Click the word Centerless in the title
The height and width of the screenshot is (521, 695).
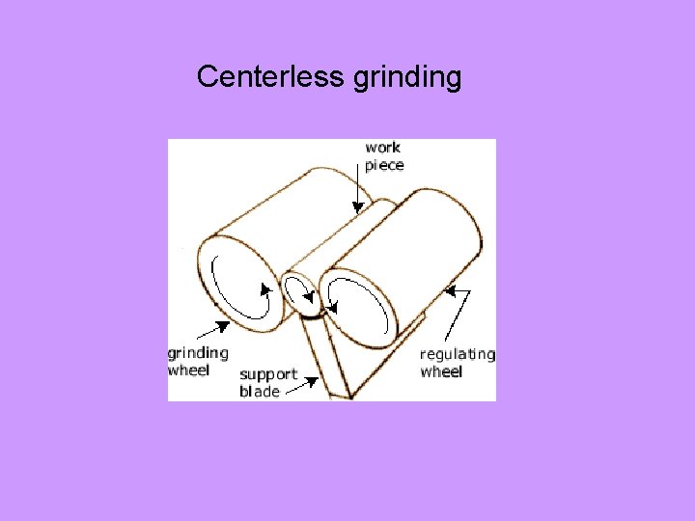[x=272, y=76]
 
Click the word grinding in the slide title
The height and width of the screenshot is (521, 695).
[x=407, y=77]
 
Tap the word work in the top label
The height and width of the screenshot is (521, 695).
[x=383, y=148]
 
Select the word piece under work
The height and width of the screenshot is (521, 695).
[x=384, y=165]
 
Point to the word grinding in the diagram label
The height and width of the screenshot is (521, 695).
[x=198, y=353]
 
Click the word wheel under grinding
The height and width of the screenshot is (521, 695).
[x=189, y=370]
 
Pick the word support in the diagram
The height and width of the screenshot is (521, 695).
[x=268, y=374]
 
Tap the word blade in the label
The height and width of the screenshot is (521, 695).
[x=260, y=392]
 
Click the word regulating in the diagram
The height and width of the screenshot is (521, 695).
[x=458, y=354]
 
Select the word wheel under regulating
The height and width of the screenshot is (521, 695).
[x=441, y=371]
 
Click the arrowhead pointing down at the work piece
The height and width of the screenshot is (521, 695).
[x=357, y=206]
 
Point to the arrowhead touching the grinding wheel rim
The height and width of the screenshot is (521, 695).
[x=223, y=325]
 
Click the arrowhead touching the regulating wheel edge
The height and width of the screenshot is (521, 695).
[x=449, y=289]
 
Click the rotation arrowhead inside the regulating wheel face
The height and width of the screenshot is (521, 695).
[x=332, y=308]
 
